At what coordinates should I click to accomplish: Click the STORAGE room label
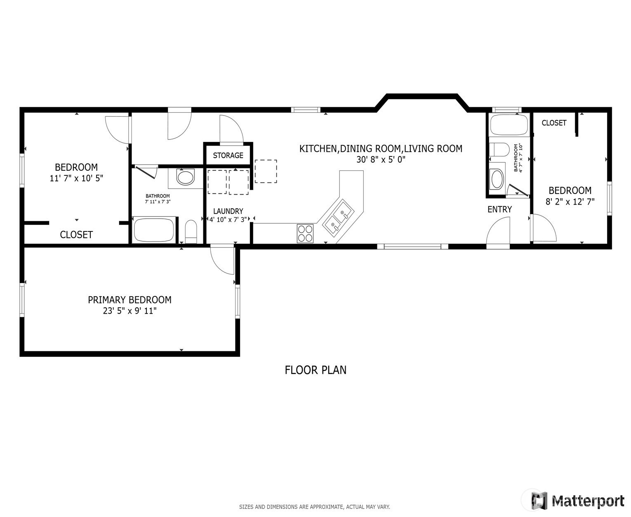pyautogui.click(x=228, y=156)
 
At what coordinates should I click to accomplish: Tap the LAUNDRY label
pyautogui.click(x=228, y=211)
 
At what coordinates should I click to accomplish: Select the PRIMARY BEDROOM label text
pyautogui.click(x=129, y=300)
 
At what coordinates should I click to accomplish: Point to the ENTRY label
pyautogui.click(x=500, y=209)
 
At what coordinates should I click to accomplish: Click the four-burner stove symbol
pyautogui.click(x=305, y=233)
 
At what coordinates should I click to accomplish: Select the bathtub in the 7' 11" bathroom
pyautogui.click(x=154, y=230)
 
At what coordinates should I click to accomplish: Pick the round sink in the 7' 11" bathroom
pyautogui.click(x=186, y=177)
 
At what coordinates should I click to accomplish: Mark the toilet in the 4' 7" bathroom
pyautogui.click(x=499, y=149)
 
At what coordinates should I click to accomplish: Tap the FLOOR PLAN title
pyautogui.click(x=315, y=370)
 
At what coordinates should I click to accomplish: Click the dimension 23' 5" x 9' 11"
pyautogui.click(x=129, y=311)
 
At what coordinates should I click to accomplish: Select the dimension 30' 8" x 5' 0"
pyautogui.click(x=381, y=160)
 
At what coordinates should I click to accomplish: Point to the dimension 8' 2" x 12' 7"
pyautogui.click(x=570, y=202)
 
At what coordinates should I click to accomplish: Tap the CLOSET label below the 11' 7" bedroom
pyautogui.click(x=76, y=235)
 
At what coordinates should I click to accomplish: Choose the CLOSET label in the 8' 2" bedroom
pyautogui.click(x=554, y=123)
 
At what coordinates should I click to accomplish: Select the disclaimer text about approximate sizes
pyautogui.click(x=314, y=507)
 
